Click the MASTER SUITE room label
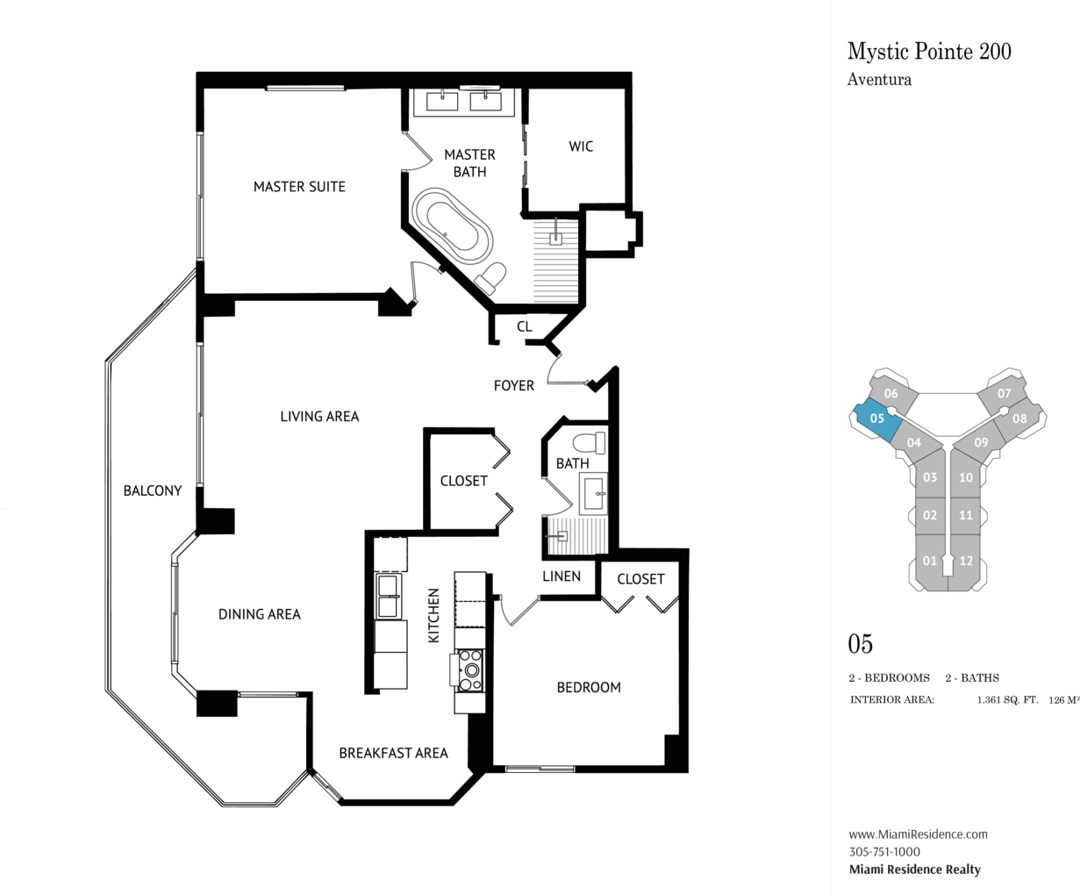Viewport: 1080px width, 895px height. pyautogui.click(x=299, y=186)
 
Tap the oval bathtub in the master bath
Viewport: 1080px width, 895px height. pyautogui.click(x=453, y=226)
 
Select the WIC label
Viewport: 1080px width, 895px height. pyautogui.click(x=581, y=147)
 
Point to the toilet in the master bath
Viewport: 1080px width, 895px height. pyautogui.click(x=490, y=277)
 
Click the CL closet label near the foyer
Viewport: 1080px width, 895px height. pyautogui.click(x=524, y=326)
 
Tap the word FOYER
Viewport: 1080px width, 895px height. pyautogui.click(x=513, y=385)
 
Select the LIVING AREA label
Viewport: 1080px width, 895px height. pyautogui.click(x=319, y=417)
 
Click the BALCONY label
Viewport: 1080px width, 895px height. pyautogui.click(x=153, y=490)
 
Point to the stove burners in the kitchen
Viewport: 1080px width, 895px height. pyautogui.click(x=470, y=670)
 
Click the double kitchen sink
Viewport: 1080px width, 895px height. pyautogui.click(x=388, y=596)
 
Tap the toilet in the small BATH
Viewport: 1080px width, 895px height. pyautogui.click(x=590, y=443)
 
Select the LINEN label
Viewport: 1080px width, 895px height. pyautogui.click(x=561, y=576)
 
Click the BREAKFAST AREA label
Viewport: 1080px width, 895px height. pyautogui.click(x=393, y=753)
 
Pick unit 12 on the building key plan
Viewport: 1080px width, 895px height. pyautogui.click(x=965, y=562)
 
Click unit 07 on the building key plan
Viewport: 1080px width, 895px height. pyautogui.click(x=1004, y=393)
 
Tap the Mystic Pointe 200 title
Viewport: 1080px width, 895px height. pyautogui.click(x=929, y=52)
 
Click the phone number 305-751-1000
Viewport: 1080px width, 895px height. pyautogui.click(x=884, y=851)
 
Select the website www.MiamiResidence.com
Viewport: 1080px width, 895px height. pyautogui.click(x=918, y=834)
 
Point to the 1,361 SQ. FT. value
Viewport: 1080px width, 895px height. pyautogui.click(x=1007, y=700)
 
